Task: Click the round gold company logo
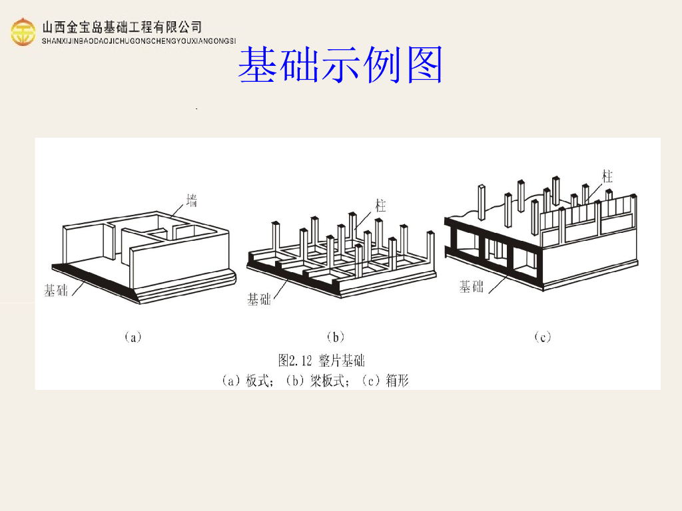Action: click(x=23, y=32)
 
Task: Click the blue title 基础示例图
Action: click(x=340, y=65)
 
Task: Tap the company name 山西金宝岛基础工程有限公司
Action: click(x=122, y=27)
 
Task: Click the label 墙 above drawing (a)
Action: click(x=192, y=199)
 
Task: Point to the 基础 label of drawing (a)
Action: click(x=56, y=290)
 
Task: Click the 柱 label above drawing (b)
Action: click(x=380, y=206)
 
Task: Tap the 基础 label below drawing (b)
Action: click(x=259, y=299)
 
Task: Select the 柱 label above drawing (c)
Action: click(x=607, y=176)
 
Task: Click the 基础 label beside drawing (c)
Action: click(x=472, y=287)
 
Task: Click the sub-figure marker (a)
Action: click(x=133, y=337)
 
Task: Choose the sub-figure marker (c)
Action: click(x=543, y=337)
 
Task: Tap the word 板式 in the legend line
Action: click(x=258, y=381)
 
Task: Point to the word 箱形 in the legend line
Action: click(x=397, y=381)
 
